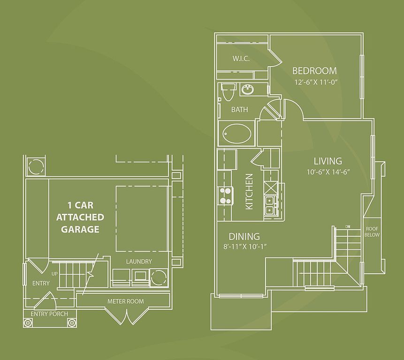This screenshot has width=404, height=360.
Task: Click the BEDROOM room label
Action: click(314, 71)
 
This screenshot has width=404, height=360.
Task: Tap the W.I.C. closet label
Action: click(241, 59)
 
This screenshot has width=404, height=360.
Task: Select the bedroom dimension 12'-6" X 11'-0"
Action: click(316, 82)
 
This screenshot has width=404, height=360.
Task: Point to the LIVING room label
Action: click(328, 161)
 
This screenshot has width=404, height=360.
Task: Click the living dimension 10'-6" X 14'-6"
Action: click(328, 172)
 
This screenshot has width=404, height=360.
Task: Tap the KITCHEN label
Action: click(249, 192)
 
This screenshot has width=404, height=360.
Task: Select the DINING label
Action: click(244, 237)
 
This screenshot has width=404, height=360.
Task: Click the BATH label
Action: click(239, 110)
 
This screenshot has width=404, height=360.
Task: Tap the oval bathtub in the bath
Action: click(237, 135)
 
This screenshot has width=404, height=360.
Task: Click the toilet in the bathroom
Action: click(229, 92)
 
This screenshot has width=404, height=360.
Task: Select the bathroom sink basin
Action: click(247, 89)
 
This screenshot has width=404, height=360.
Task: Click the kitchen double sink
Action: click(269, 205)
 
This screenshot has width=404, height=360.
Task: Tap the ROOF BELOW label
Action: click(373, 232)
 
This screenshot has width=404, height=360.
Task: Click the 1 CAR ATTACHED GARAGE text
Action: click(77, 217)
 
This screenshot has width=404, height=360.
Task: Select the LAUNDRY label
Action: click(139, 261)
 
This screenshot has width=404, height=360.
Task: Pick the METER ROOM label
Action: click(125, 301)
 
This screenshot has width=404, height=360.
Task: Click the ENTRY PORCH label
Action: click(49, 314)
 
